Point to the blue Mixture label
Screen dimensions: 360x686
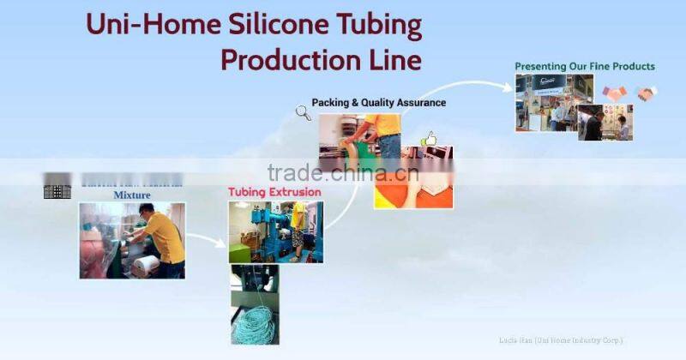pos(132,195)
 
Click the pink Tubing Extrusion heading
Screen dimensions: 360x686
pos(274,192)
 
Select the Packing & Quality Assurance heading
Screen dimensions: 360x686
pos(378,103)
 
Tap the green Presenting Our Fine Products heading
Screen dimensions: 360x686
pos(585,66)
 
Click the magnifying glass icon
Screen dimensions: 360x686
pos(303,111)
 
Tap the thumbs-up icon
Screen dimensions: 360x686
pos(428,138)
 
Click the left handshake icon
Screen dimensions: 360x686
pos(614,93)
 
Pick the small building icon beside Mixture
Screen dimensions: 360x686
pos(57,190)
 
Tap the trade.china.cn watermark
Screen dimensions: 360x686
pos(342,172)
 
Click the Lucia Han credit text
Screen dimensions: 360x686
pos(561,340)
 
